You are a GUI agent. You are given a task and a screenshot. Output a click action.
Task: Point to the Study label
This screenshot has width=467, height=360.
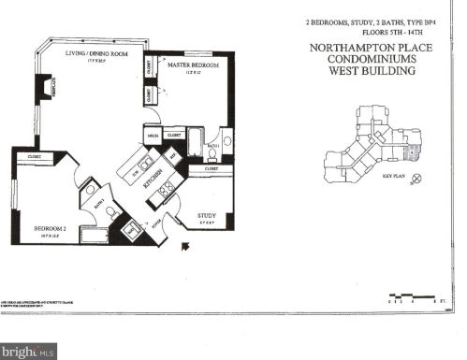pyautogui.click(x=207, y=215)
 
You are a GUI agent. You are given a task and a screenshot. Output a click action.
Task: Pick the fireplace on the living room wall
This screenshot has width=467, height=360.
pyautogui.click(x=43, y=90)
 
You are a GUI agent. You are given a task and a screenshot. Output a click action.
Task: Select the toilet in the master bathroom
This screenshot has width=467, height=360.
pyautogui.click(x=226, y=142)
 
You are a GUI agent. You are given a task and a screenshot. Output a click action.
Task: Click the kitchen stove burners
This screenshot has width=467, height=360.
pyautogui.click(x=166, y=191)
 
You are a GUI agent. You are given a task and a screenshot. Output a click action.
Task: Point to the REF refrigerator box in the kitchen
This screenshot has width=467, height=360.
pyautogui.click(x=173, y=152)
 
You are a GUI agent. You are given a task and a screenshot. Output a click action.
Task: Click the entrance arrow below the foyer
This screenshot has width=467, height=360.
pyautogui.click(x=182, y=247)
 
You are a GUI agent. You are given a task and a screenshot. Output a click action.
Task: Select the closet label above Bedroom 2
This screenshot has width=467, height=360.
pyautogui.click(x=34, y=156)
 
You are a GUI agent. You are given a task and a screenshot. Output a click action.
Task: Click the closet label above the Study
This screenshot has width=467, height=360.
pyautogui.click(x=212, y=168)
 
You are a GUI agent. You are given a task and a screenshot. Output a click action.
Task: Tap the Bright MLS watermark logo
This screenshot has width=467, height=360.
pyautogui.click(x=28, y=351)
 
